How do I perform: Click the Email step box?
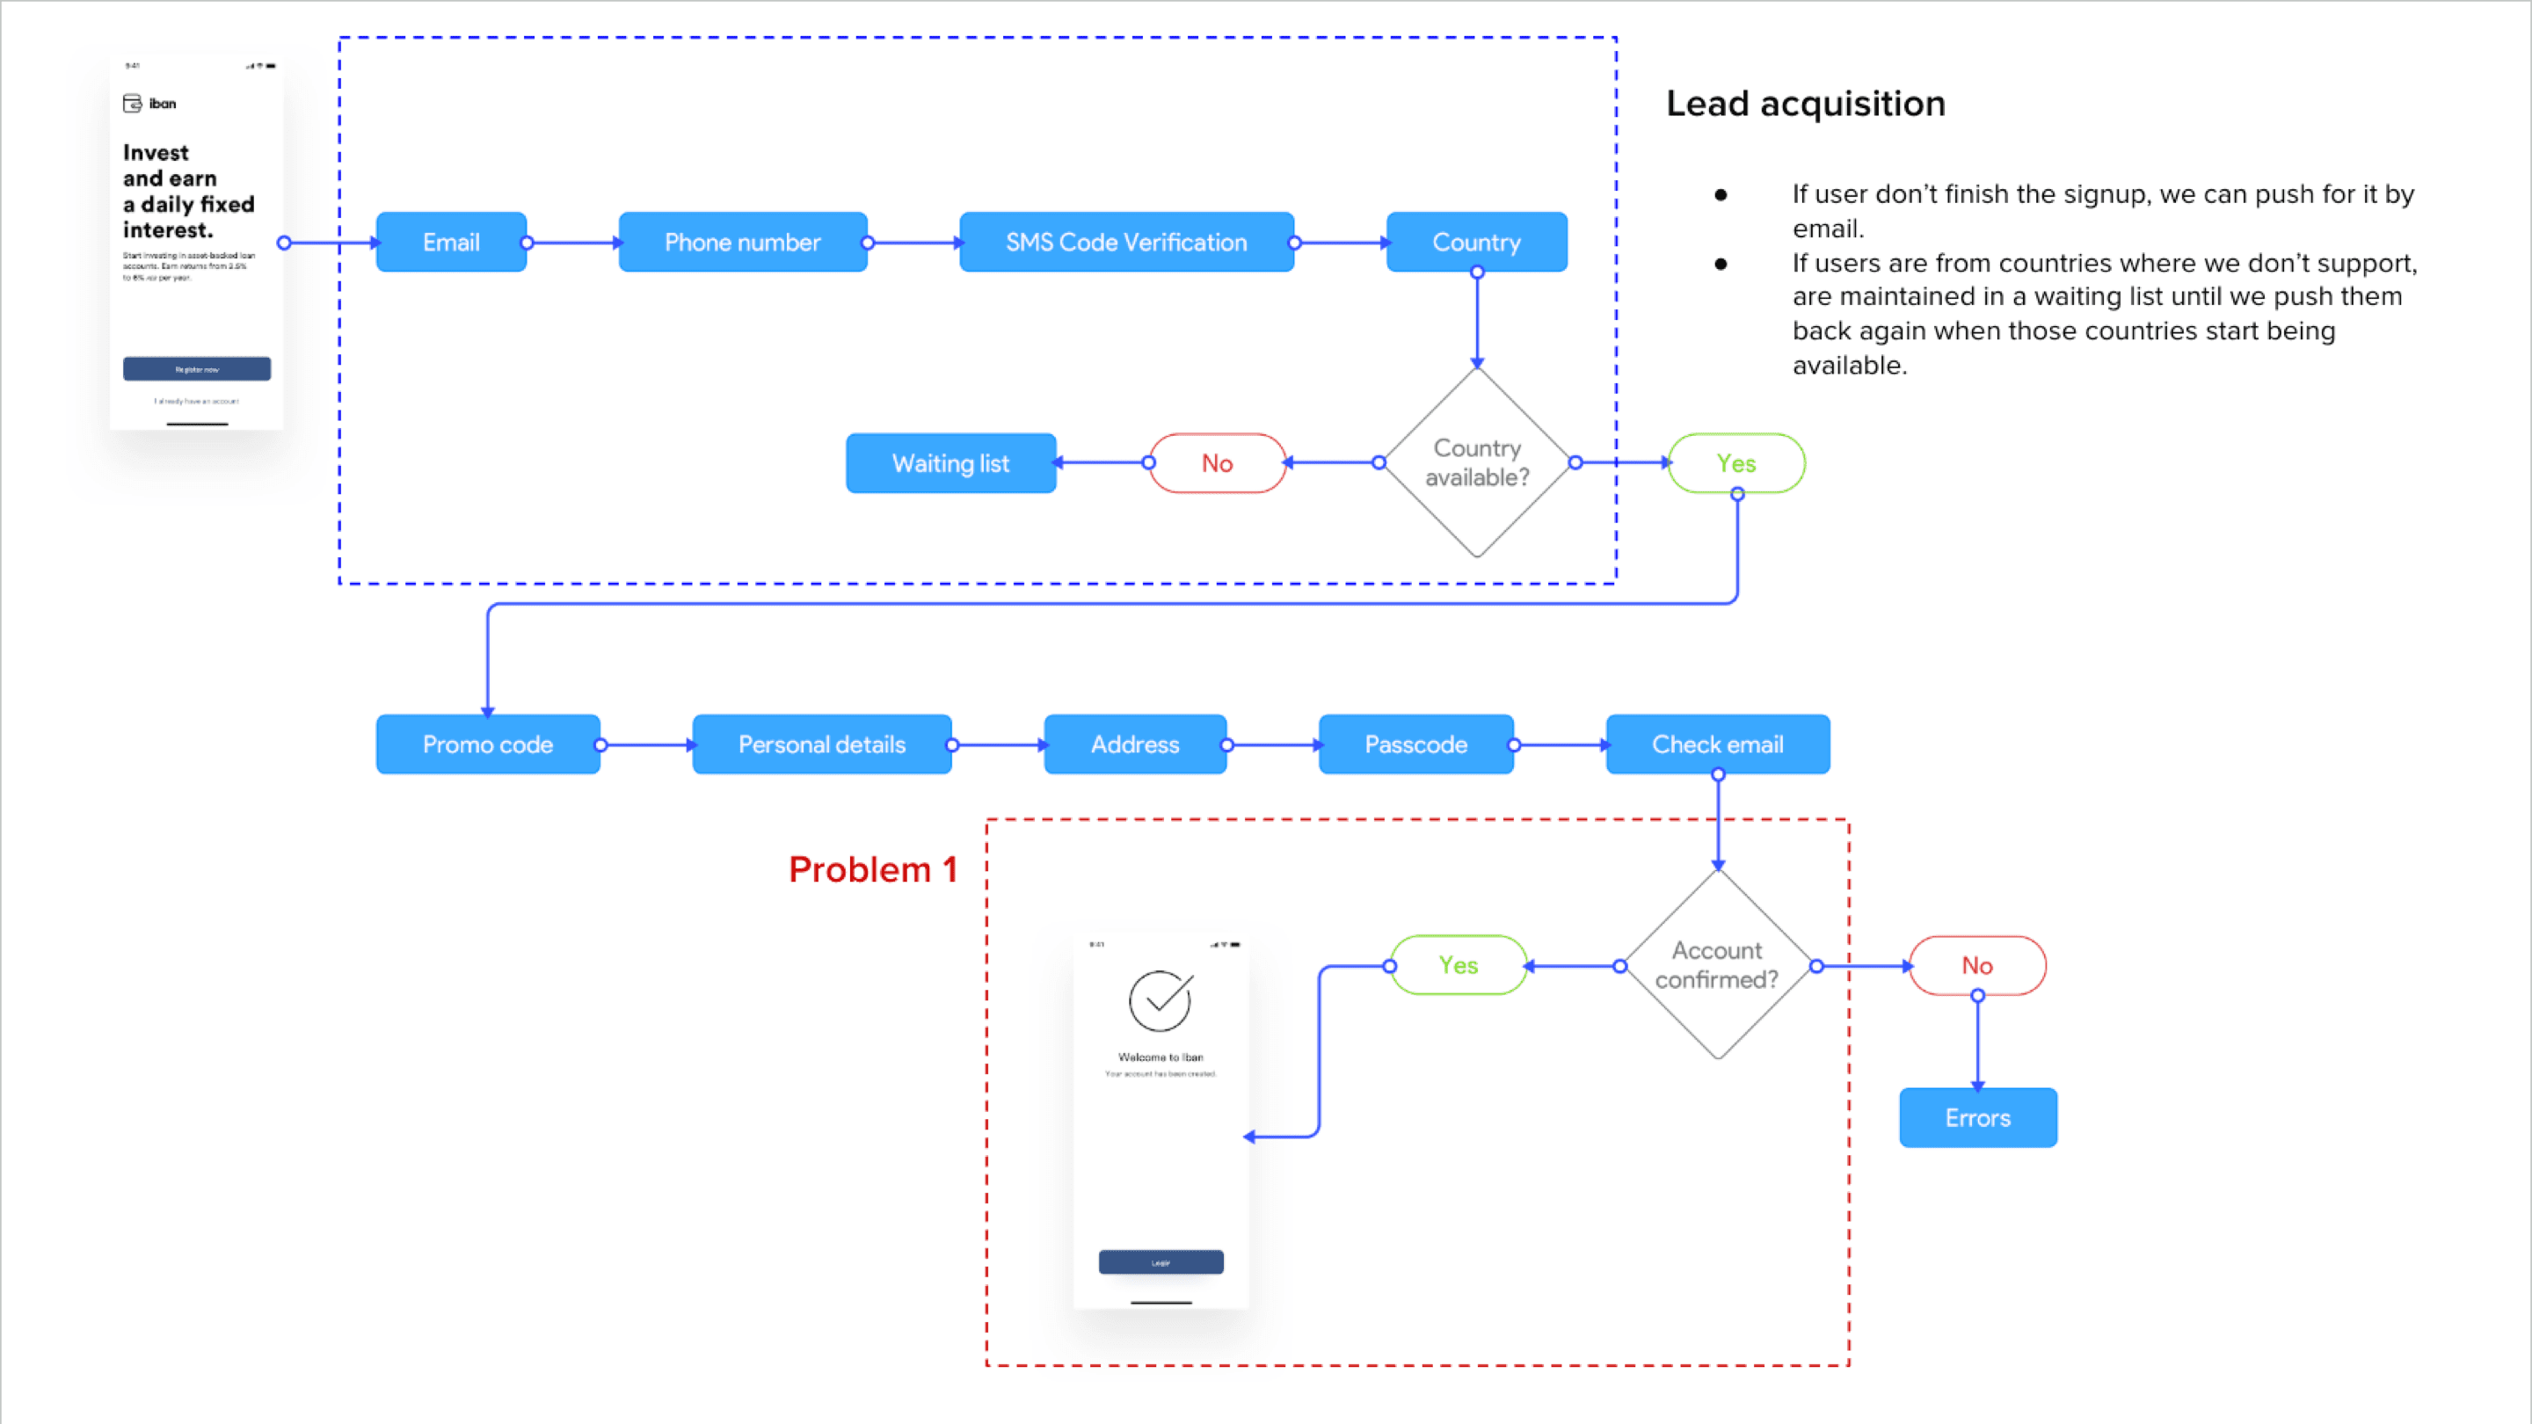pyautogui.click(x=451, y=242)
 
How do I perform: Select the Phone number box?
pyautogui.click(x=742, y=242)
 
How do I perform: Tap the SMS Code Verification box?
pyautogui.click(x=1125, y=242)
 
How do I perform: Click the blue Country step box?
pyautogui.click(x=1475, y=242)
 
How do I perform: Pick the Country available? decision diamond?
pyautogui.click(x=1476, y=461)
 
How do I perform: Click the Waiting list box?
pyautogui.click(x=950, y=463)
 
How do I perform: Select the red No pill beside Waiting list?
pyautogui.click(x=1217, y=463)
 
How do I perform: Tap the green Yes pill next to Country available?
pyautogui.click(x=1735, y=463)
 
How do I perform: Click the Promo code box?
pyautogui.click(x=488, y=744)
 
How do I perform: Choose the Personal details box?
pyautogui.click(x=822, y=744)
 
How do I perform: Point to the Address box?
pyautogui.click(x=1134, y=744)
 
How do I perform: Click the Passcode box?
pyautogui.click(x=1415, y=744)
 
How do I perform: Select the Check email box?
pyautogui.click(x=1717, y=744)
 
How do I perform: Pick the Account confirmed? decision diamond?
pyautogui.click(x=1717, y=964)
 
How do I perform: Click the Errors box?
pyautogui.click(x=1977, y=1117)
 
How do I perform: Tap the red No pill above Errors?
pyautogui.click(x=1976, y=965)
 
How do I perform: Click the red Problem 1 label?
pyautogui.click(x=873, y=869)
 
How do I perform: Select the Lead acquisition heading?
pyautogui.click(x=1806, y=103)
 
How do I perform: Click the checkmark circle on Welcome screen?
pyautogui.click(x=1160, y=1000)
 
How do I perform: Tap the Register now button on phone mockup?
pyautogui.click(x=197, y=369)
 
